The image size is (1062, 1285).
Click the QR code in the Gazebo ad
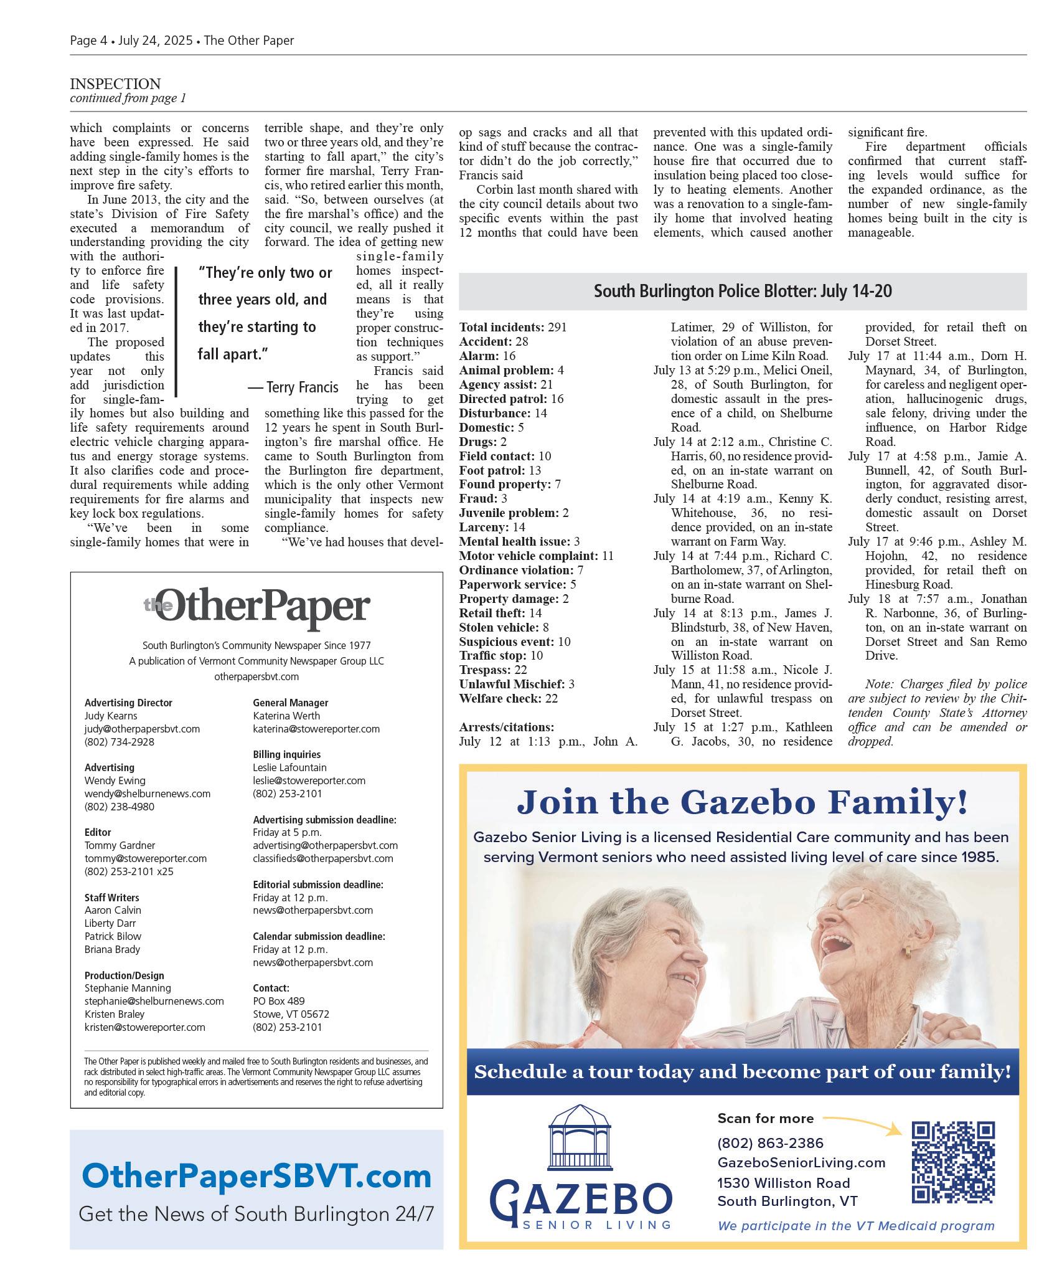[952, 1162]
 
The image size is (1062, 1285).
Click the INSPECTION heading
[115, 84]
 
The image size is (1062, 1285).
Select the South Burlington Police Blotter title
[742, 292]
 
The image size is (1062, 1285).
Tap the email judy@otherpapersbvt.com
[142, 729]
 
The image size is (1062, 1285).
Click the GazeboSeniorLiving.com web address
[801, 1162]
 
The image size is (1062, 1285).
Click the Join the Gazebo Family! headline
[742, 802]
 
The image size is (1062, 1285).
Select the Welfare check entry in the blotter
[508, 699]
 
